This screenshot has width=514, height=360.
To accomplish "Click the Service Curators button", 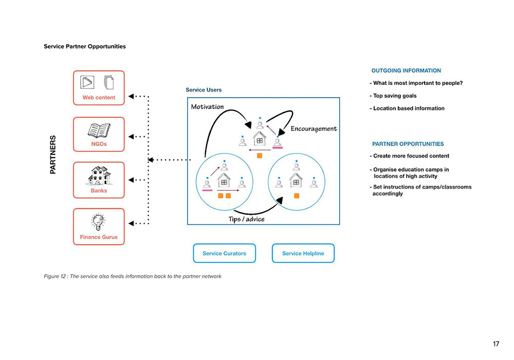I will click(x=224, y=253).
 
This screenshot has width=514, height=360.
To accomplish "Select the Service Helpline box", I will click(x=303, y=253).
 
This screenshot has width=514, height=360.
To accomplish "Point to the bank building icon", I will click(x=99, y=175).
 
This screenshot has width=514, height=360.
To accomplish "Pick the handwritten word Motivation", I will click(x=207, y=107).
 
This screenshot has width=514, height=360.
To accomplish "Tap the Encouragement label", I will click(x=314, y=129).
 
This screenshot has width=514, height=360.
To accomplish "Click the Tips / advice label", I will click(x=247, y=220).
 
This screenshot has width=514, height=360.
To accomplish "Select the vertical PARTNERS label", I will click(x=53, y=154).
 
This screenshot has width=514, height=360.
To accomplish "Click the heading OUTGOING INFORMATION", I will click(x=406, y=71).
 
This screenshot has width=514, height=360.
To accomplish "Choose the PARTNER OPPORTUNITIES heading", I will click(x=408, y=144).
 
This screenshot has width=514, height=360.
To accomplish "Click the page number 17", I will click(x=495, y=344).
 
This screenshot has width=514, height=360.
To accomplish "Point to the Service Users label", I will click(x=204, y=90).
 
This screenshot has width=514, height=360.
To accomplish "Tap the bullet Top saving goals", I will click(x=393, y=96).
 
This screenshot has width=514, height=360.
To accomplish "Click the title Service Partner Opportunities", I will click(x=85, y=46).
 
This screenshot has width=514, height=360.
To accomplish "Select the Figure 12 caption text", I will click(x=133, y=277).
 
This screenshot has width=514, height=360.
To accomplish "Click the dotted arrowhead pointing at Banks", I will click(x=131, y=180).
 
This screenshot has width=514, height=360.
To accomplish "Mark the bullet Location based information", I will click(x=407, y=109).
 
